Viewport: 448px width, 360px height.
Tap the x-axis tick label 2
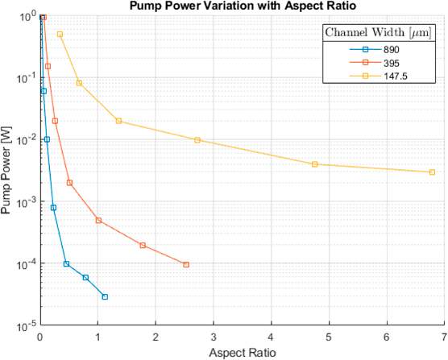tap(156, 337)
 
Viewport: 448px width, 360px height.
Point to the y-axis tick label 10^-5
tap(25, 326)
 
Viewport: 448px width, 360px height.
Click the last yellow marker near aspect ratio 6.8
tap(433, 172)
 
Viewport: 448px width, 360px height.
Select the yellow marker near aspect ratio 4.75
tap(315, 164)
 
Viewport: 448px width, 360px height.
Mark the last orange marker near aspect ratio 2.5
tap(186, 265)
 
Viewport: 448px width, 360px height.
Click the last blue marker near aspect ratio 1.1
tap(105, 297)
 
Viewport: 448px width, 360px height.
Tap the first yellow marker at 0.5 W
tap(60, 35)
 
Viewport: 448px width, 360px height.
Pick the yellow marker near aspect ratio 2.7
tap(197, 140)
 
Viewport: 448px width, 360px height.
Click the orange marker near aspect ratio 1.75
tap(143, 246)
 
